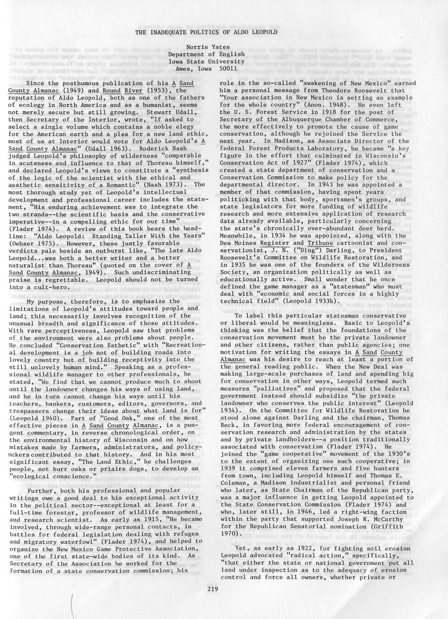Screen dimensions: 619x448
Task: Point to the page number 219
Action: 213,589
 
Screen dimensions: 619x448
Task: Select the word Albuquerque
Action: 305,119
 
